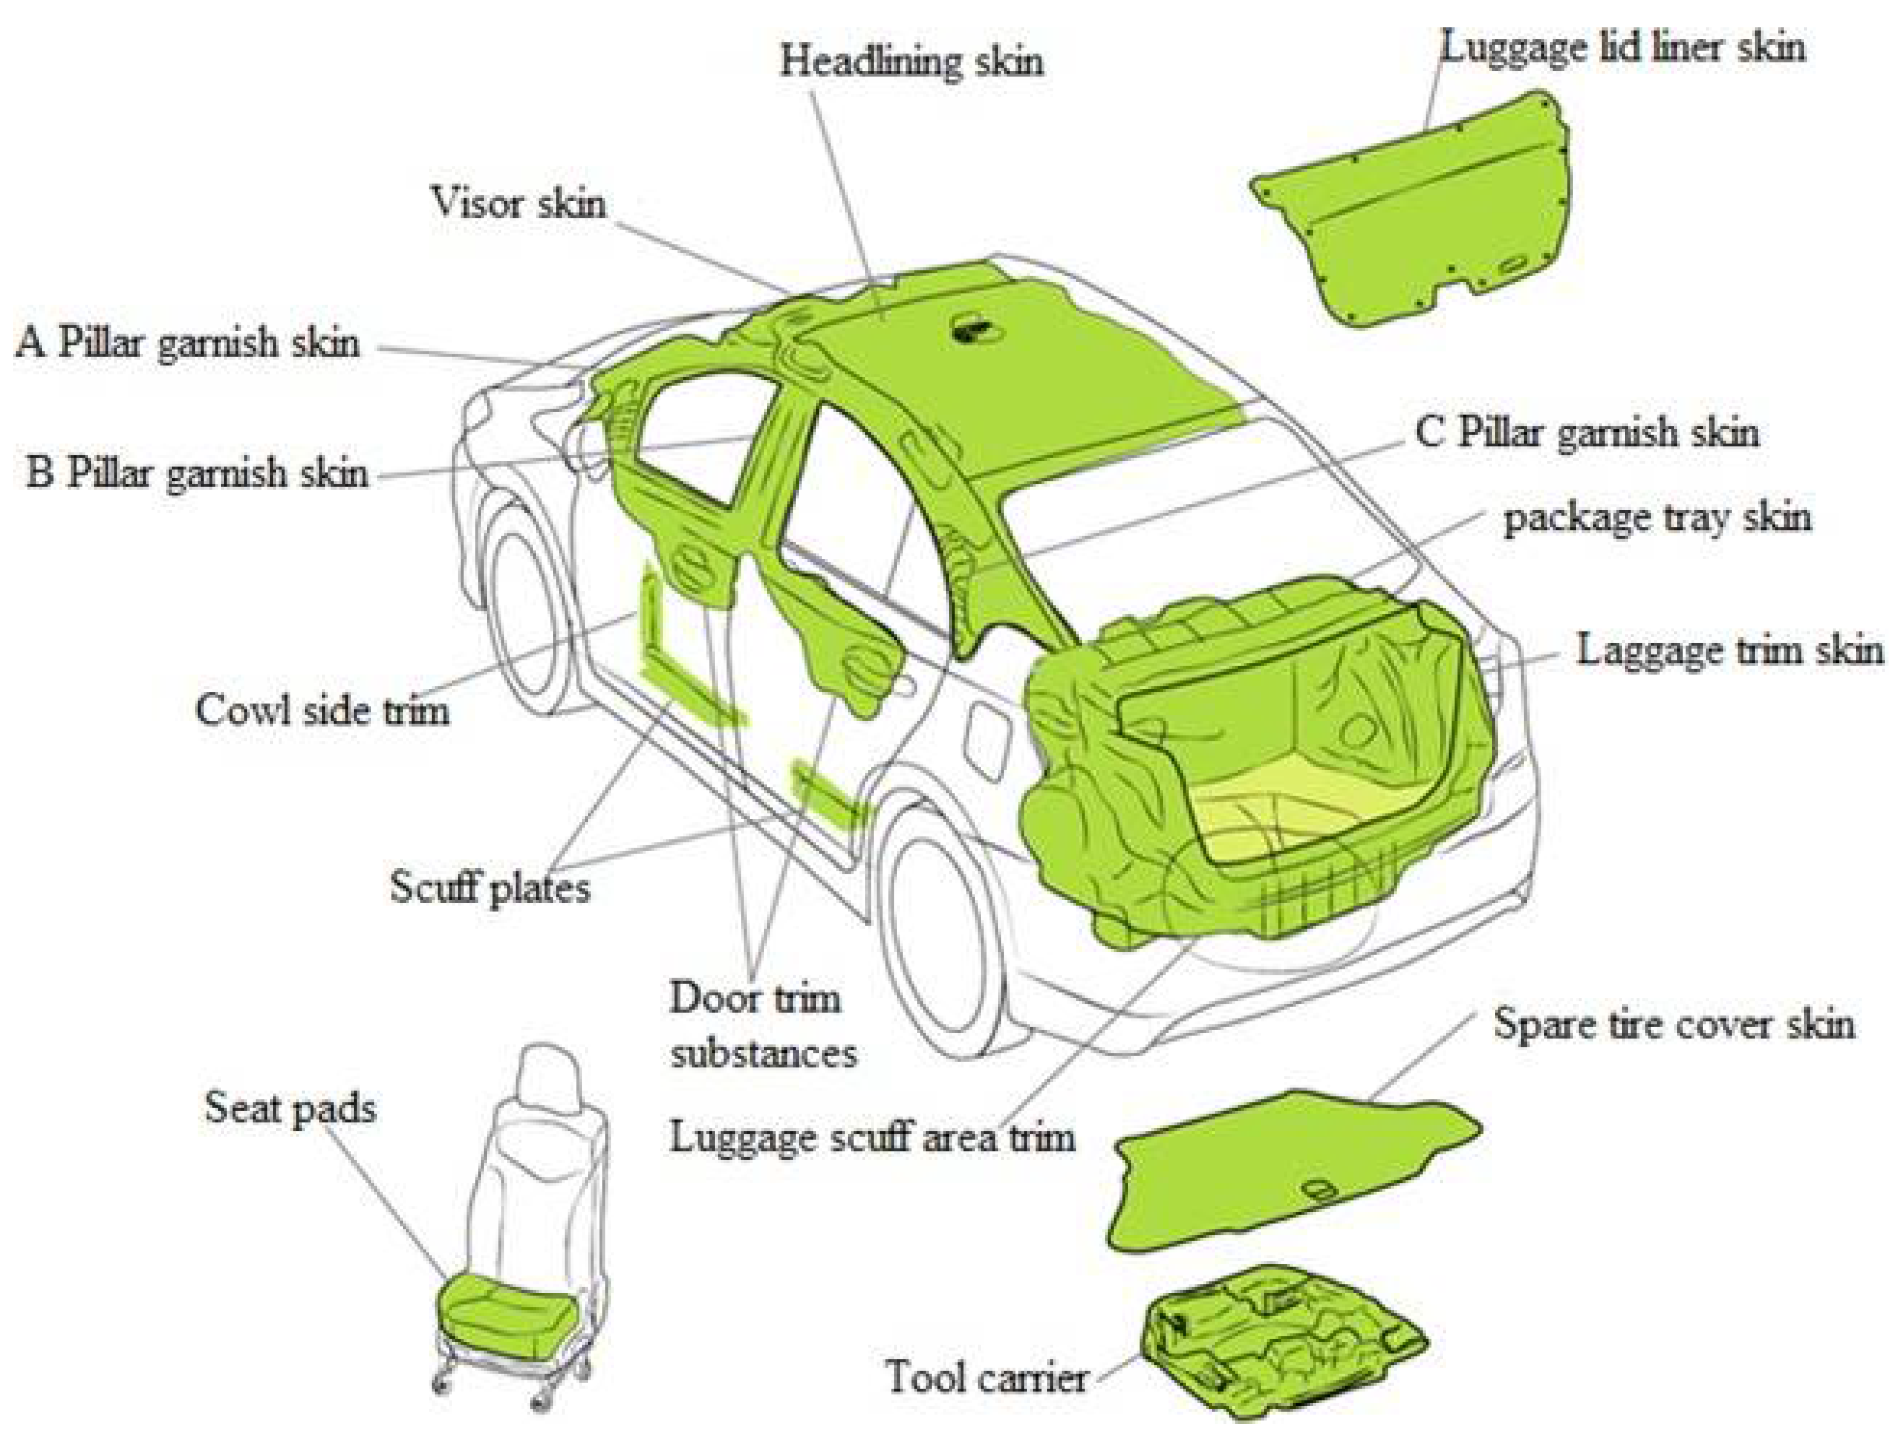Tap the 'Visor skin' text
pos(517,204)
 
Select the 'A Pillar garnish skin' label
pos(187,343)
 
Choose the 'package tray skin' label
pos(1656,518)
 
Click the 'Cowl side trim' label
pos(322,711)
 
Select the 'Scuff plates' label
pos(489,887)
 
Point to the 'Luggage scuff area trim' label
pos(872,1137)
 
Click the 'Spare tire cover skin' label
pos(1674,1024)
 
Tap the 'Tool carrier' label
pos(985,1376)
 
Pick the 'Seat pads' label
pos(290,1108)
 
